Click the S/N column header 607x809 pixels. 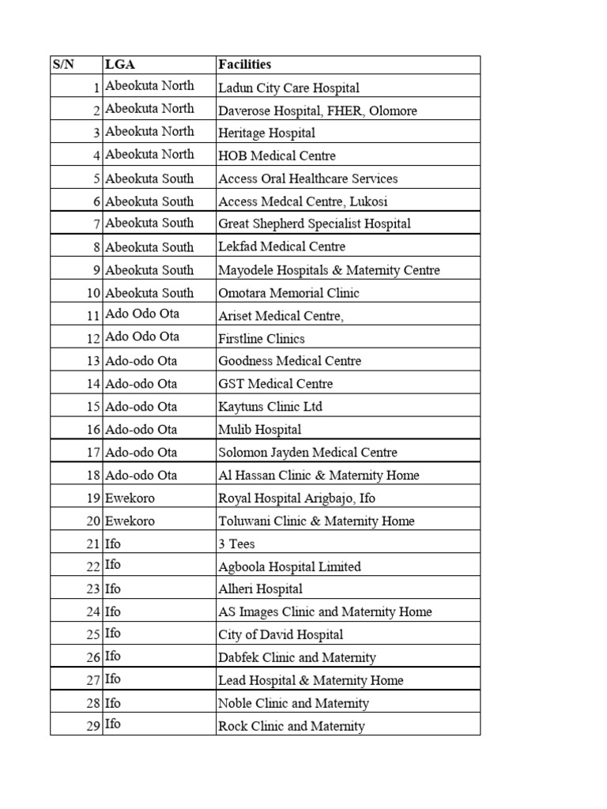63,65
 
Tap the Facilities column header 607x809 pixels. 245,65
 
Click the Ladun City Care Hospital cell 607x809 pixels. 288,88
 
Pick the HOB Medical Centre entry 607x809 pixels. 277,156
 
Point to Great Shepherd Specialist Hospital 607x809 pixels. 315,224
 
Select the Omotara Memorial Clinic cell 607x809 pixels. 288,292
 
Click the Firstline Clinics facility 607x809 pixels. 262,338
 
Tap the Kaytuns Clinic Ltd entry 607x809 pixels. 270,407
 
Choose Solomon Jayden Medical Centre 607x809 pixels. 307,453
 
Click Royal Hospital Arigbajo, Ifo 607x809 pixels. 297,499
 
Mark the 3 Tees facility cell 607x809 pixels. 236,544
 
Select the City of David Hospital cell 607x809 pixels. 281,634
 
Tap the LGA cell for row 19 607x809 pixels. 130,499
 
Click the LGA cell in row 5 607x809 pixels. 149,179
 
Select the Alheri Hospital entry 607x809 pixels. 260,589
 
